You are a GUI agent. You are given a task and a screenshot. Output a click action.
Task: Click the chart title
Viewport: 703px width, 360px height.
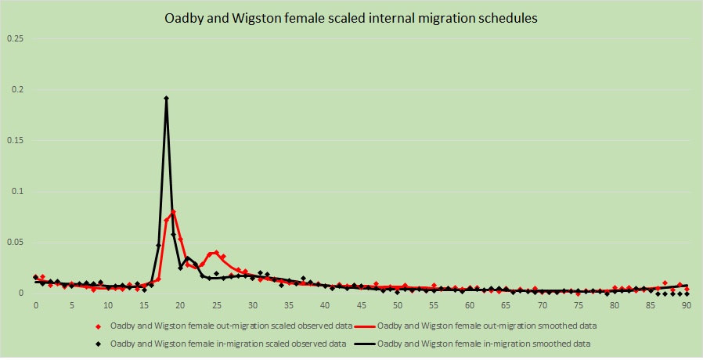click(351, 20)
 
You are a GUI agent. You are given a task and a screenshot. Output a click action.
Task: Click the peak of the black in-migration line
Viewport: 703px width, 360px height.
click(166, 99)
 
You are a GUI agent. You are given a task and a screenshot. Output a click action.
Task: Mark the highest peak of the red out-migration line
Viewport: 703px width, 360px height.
click(173, 211)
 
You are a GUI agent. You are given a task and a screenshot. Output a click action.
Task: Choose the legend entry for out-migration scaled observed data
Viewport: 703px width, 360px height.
click(226, 326)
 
